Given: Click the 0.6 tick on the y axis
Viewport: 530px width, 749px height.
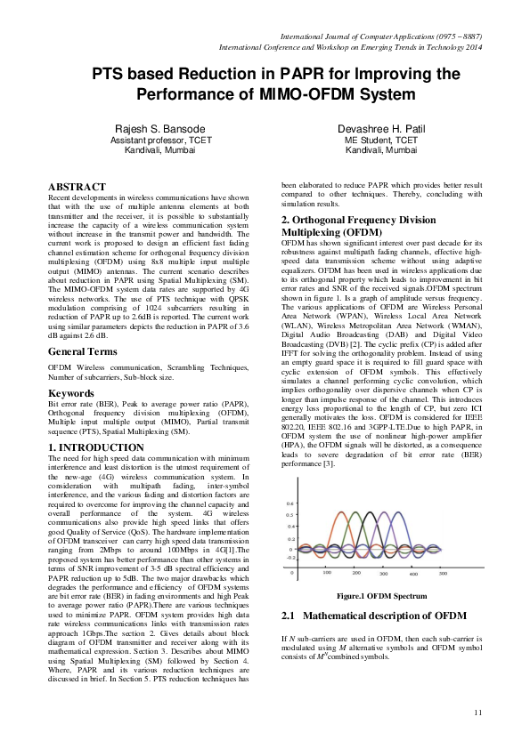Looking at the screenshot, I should [x=289, y=503].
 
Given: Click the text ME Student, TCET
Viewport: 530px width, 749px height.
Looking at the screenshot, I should [x=381, y=141].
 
